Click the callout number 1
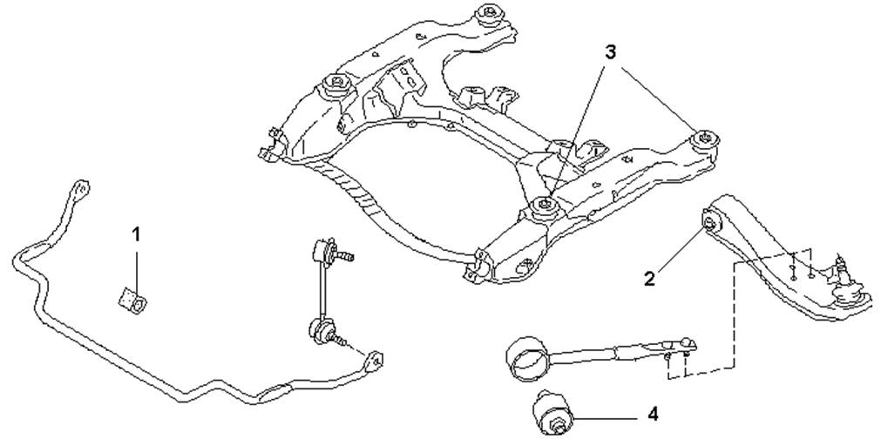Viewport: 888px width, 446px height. pyautogui.click(x=136, y=233)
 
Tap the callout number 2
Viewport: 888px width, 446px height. pyautogui.click(x=649, y=278)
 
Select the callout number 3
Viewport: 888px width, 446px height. pyautogui.click(x=609, y=52)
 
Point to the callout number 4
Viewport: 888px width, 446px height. pyautogui.click(x=653, y=415)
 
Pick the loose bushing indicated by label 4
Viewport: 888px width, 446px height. pyautogui.click(x=552, y=413)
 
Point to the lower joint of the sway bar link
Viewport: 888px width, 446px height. pyautogui.click(x=320, y=329)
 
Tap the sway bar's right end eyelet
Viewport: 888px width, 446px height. pyautogui.click(x=375, y=361)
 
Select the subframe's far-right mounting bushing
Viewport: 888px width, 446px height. pyautogui.click(x=706, y=139)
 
